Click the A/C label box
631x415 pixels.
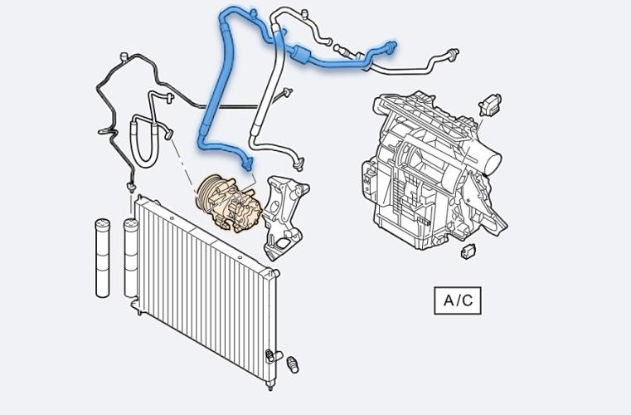[458, 300]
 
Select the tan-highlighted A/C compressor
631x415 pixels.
[229, 203]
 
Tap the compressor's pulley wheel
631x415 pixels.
[208, 193]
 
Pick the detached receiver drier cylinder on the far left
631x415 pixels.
[103, 258]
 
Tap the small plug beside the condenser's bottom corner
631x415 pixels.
[293, 364]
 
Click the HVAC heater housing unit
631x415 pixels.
[434, 171]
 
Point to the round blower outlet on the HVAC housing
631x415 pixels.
[492, 159]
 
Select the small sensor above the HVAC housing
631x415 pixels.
[490, 105]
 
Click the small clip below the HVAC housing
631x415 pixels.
[468, 251]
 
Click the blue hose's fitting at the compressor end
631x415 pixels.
[247, 163]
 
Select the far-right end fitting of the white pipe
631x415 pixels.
[453, 53]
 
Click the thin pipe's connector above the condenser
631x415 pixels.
[130, 186]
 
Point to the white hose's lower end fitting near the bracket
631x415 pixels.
[299, 163]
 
